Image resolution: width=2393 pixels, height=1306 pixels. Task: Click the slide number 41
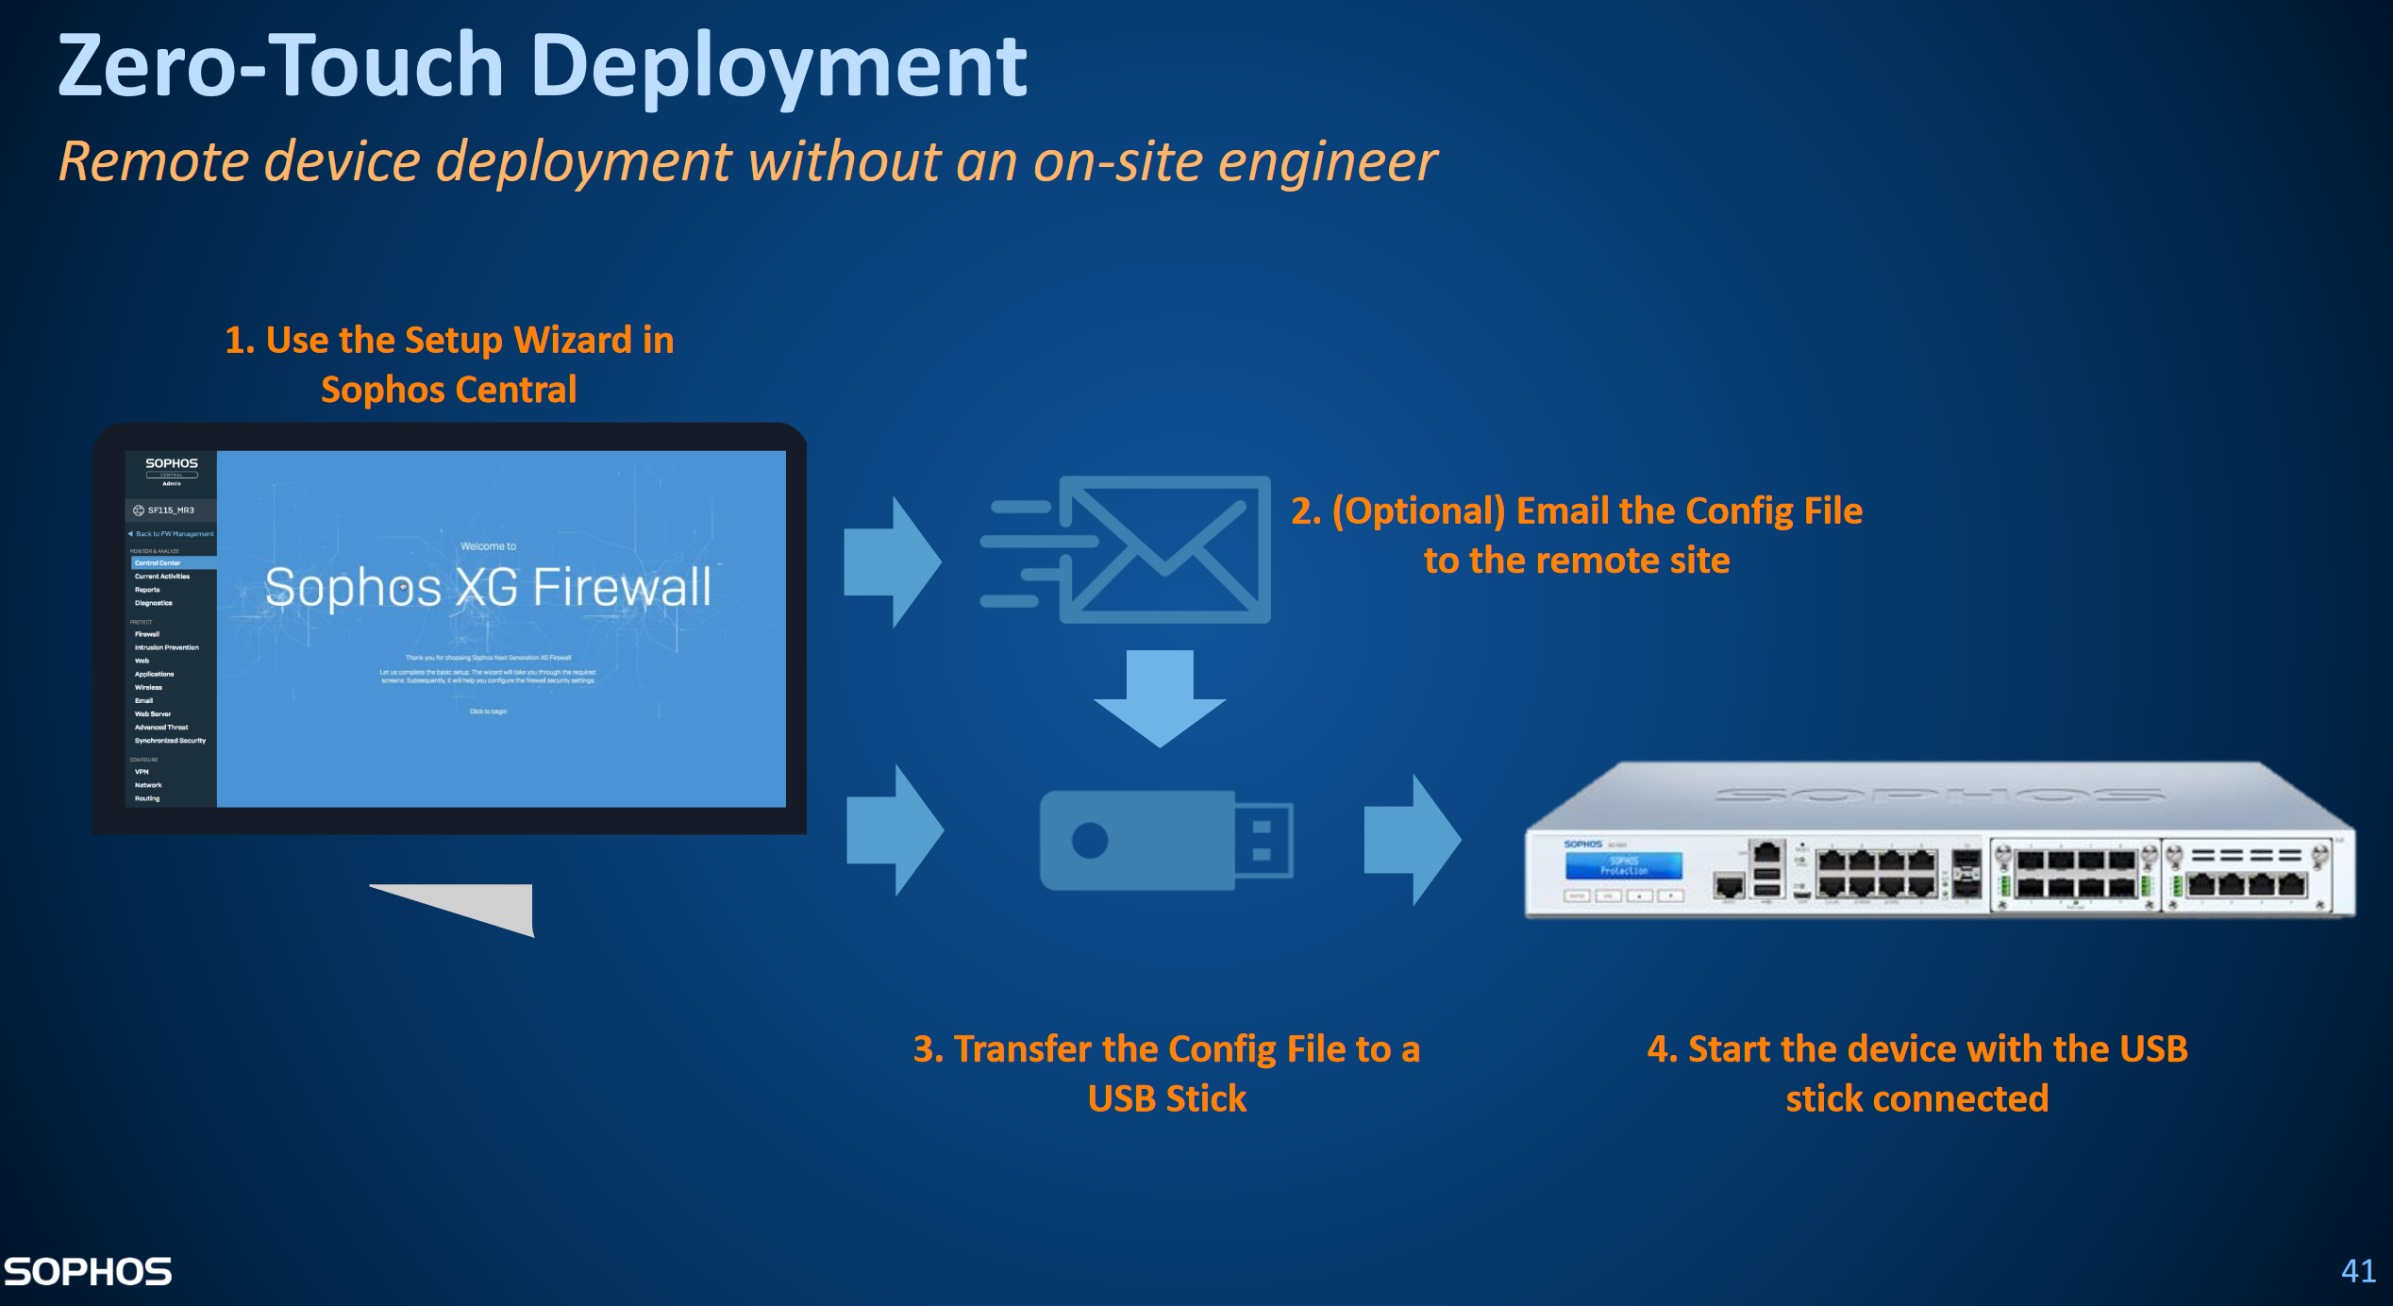[x=2357, y=1270]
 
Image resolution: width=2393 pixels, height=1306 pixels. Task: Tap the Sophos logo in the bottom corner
[x=88, y=1271]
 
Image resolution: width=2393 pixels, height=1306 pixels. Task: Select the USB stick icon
[x=1166, y=840]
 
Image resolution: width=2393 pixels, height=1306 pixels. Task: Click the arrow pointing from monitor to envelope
[x=892, y=561]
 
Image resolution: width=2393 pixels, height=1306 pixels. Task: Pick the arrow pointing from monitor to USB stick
[x=895, y=829]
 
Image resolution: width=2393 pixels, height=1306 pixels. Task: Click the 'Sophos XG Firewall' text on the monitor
[x=488, y=587]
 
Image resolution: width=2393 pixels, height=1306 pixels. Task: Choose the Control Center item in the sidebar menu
[x=158, y=563]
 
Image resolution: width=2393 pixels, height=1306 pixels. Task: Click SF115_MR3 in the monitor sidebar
[x=170, y=511]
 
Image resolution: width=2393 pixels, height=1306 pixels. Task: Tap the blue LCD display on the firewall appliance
[x=1623, y=865]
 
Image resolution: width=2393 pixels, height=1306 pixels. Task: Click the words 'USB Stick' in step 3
[x=1166, y=1098]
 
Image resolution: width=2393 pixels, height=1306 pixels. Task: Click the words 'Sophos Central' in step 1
[x=448, y=390]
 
